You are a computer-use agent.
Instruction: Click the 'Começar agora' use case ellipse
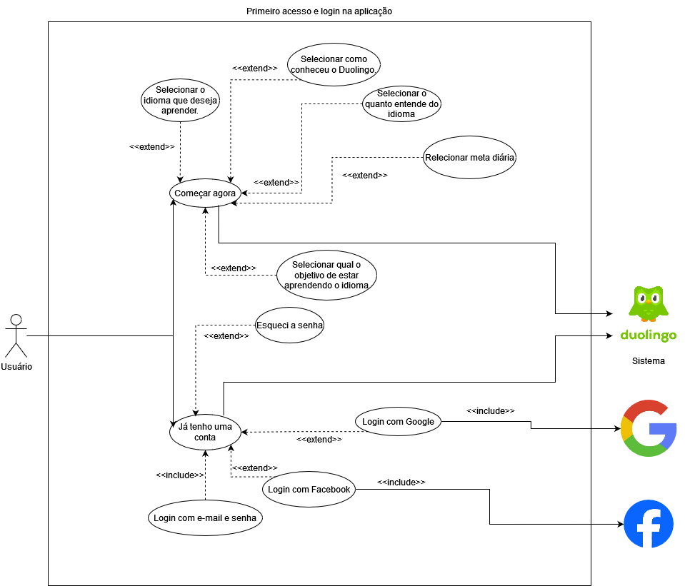point(205,193)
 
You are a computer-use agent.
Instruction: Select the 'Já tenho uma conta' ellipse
point(205,432)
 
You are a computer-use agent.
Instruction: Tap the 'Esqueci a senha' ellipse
point(289,325)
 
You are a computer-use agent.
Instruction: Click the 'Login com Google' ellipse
point(398,422)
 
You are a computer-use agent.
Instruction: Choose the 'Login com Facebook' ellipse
point(309,490)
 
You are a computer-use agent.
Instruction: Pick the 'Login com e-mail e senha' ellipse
point(205,517)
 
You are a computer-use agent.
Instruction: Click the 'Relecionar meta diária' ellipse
point(469,158)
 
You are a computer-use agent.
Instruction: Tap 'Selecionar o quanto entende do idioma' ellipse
point(401,104)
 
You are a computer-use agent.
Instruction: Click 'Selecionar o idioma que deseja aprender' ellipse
point(180,100)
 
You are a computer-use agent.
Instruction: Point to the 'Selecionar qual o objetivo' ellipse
point(326,275)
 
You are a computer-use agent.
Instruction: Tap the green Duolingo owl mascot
point(648,303)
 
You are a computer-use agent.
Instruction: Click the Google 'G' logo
point(648,428)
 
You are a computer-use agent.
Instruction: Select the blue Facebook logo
point(649,524)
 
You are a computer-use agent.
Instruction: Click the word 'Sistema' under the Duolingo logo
point(648,361)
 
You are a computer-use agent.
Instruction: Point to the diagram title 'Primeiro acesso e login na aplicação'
point(319,11)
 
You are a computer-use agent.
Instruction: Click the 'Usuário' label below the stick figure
point(16,367)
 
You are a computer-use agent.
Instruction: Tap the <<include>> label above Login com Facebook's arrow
point(401,483)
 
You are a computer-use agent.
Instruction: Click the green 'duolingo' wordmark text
point(648,335)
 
